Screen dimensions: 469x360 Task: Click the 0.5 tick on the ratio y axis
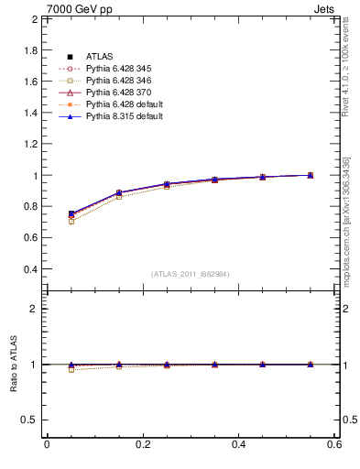pyautogui.click(x=27, y=420)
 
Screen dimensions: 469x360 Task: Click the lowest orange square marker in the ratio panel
pyautogui.click(x=71, y=369)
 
